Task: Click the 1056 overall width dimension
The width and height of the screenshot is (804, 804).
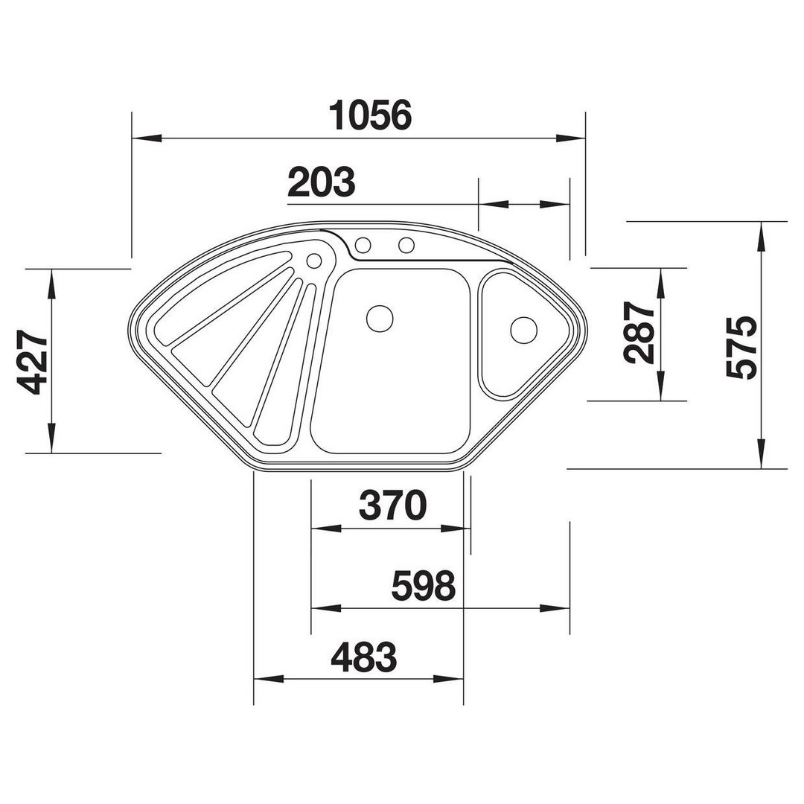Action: point(370,115)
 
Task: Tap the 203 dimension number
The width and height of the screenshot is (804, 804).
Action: point(322,182)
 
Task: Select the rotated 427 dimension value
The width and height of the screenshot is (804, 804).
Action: point(33,362)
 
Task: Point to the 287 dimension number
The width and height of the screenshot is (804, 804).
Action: point(640,333)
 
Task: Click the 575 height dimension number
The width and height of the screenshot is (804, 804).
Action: point(742,348)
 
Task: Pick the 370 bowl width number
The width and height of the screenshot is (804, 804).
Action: point(393,505)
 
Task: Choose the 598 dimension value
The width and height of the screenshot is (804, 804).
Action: point(423,586)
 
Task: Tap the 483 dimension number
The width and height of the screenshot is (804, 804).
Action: point(364,657)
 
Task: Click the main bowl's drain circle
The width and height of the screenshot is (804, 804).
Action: point(380,319)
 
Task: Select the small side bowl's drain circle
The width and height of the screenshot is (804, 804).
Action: point(524,330)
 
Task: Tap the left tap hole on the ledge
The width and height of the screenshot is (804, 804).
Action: point(363,245)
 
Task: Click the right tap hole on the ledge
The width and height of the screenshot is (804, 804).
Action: point(406,245)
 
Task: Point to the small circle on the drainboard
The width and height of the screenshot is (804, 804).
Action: point(314,261)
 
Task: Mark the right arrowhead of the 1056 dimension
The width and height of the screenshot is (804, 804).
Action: point(571,138)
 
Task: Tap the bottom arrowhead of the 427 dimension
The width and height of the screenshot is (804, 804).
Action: point(51,438)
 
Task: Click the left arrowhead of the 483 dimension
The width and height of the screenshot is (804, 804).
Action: point(269,679)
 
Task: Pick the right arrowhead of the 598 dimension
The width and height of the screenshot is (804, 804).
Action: point(555,609)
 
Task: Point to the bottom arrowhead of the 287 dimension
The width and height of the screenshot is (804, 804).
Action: point(662,386)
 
